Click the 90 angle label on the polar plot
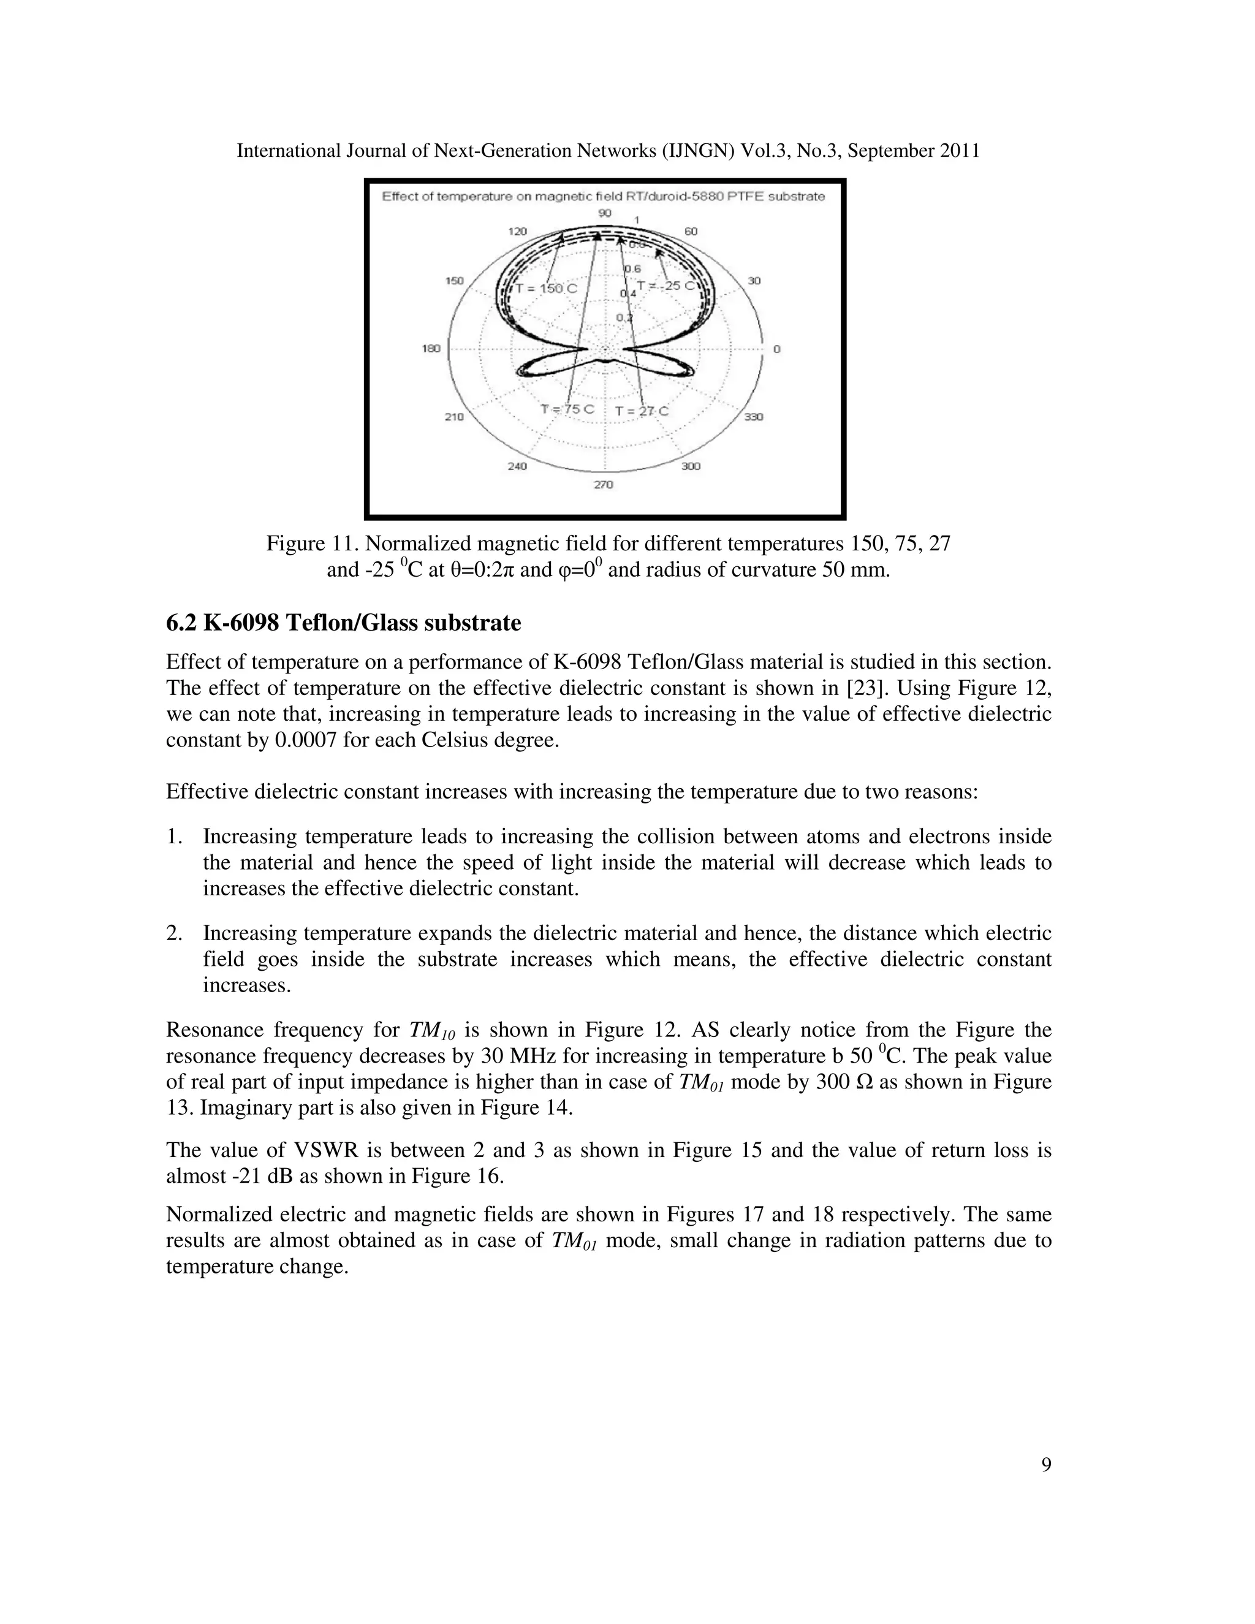tap(604, 213)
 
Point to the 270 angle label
tap(603, 485)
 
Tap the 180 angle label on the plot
tap(431, 349)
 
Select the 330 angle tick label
tap(753, 417)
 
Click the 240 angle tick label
tap(517, 466)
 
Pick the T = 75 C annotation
tap(567, 410)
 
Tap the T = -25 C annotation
tap(666, 286)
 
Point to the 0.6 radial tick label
tap(632, 268)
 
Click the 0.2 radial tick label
tap(624, 318)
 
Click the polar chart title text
tap(603, 196)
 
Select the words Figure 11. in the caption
tap(313, 544)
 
